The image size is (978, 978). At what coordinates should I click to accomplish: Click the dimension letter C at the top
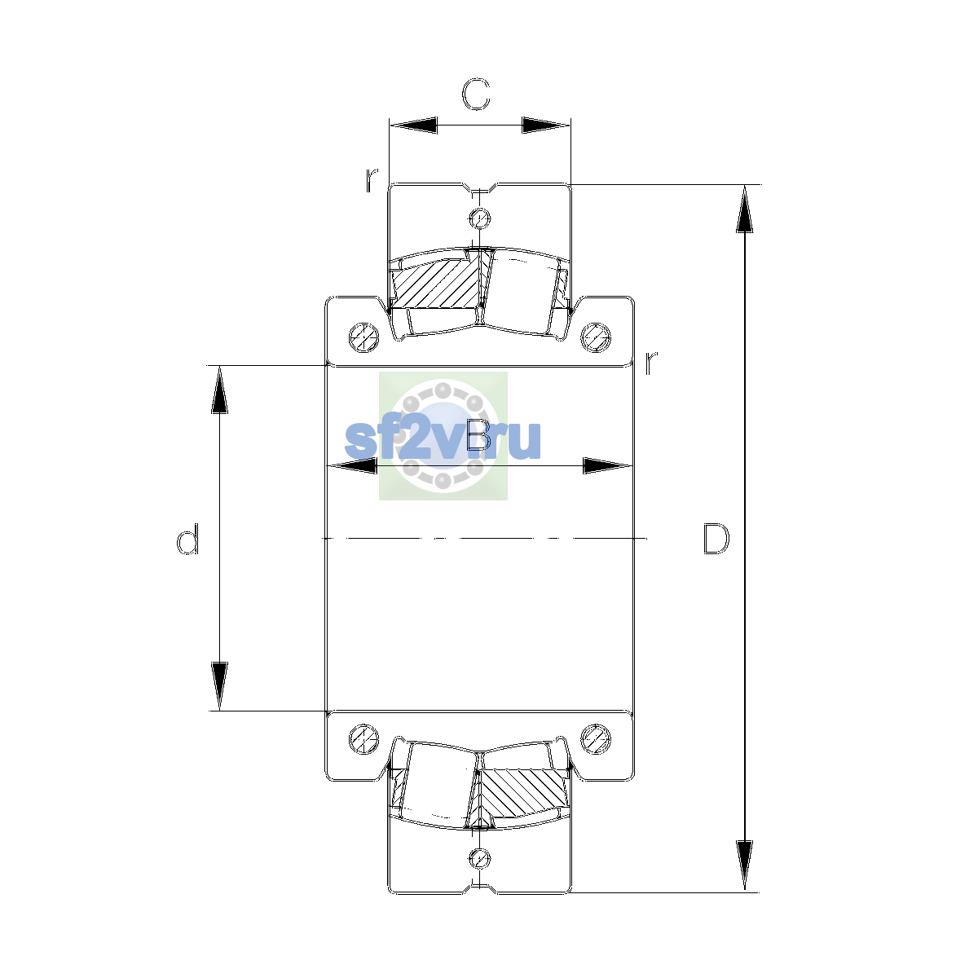[x=475, y=95]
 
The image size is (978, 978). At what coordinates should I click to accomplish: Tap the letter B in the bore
[x=478, y=435]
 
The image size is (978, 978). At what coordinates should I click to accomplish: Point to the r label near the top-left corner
[x=372, y=179]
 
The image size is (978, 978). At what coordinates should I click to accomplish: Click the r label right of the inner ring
[x=650, y=363]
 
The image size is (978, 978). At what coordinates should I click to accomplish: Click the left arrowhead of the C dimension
[x=414, y=125]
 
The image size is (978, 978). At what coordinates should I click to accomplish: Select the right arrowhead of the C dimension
[x=546, y=125]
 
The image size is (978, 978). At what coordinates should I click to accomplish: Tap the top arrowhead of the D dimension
[x=745, y=209]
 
